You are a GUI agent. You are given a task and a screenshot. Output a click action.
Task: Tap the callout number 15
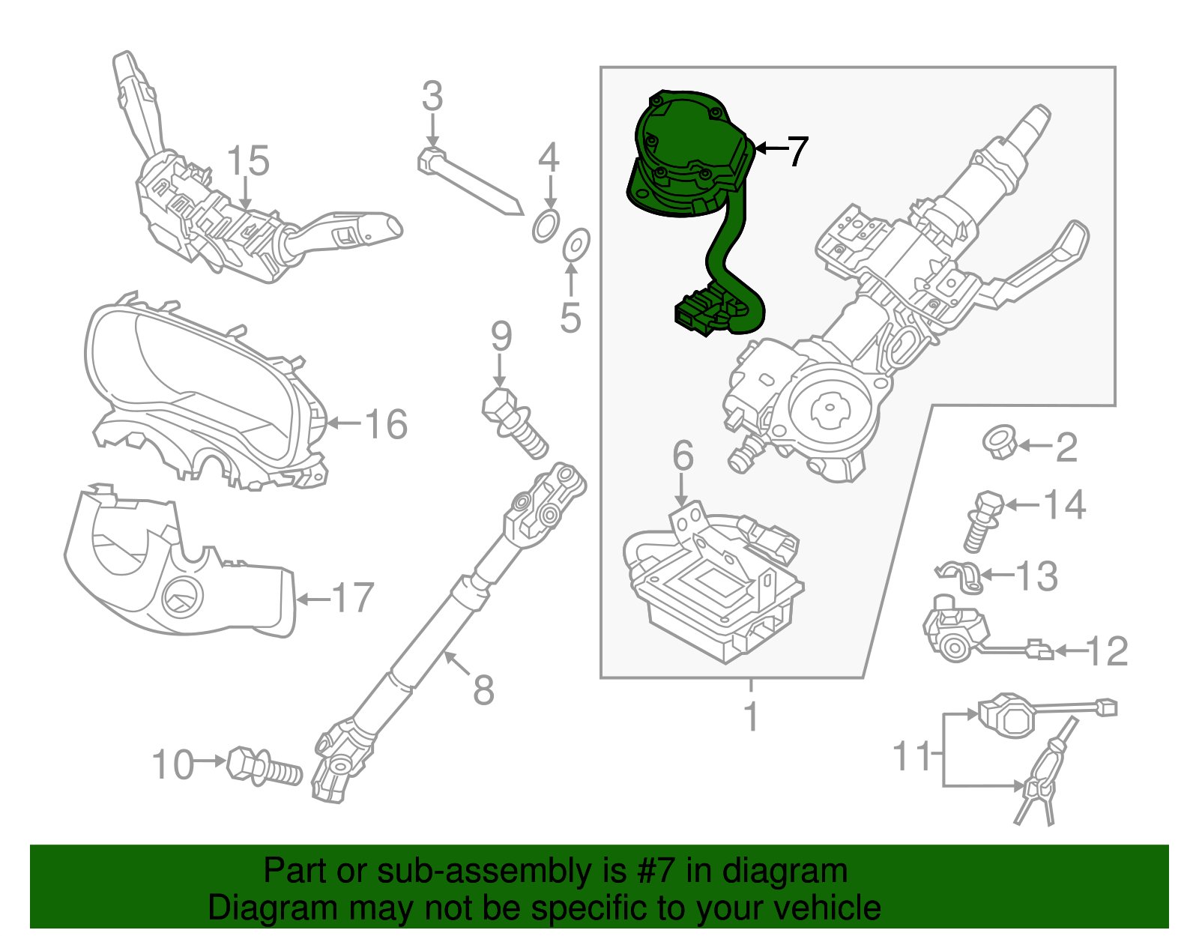248,162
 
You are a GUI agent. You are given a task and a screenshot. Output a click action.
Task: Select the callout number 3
432,97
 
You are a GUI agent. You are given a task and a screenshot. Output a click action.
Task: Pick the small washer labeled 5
576,245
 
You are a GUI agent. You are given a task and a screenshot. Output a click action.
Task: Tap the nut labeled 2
999,442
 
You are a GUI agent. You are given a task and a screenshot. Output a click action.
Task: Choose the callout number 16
386,424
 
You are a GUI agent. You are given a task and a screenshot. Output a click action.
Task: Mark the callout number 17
353,598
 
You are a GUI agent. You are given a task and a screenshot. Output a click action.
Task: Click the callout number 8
483,689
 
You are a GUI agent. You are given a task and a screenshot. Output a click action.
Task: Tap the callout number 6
683,455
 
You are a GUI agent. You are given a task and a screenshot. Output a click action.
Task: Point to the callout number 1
751,716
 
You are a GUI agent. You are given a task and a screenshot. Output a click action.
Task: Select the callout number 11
911,756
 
